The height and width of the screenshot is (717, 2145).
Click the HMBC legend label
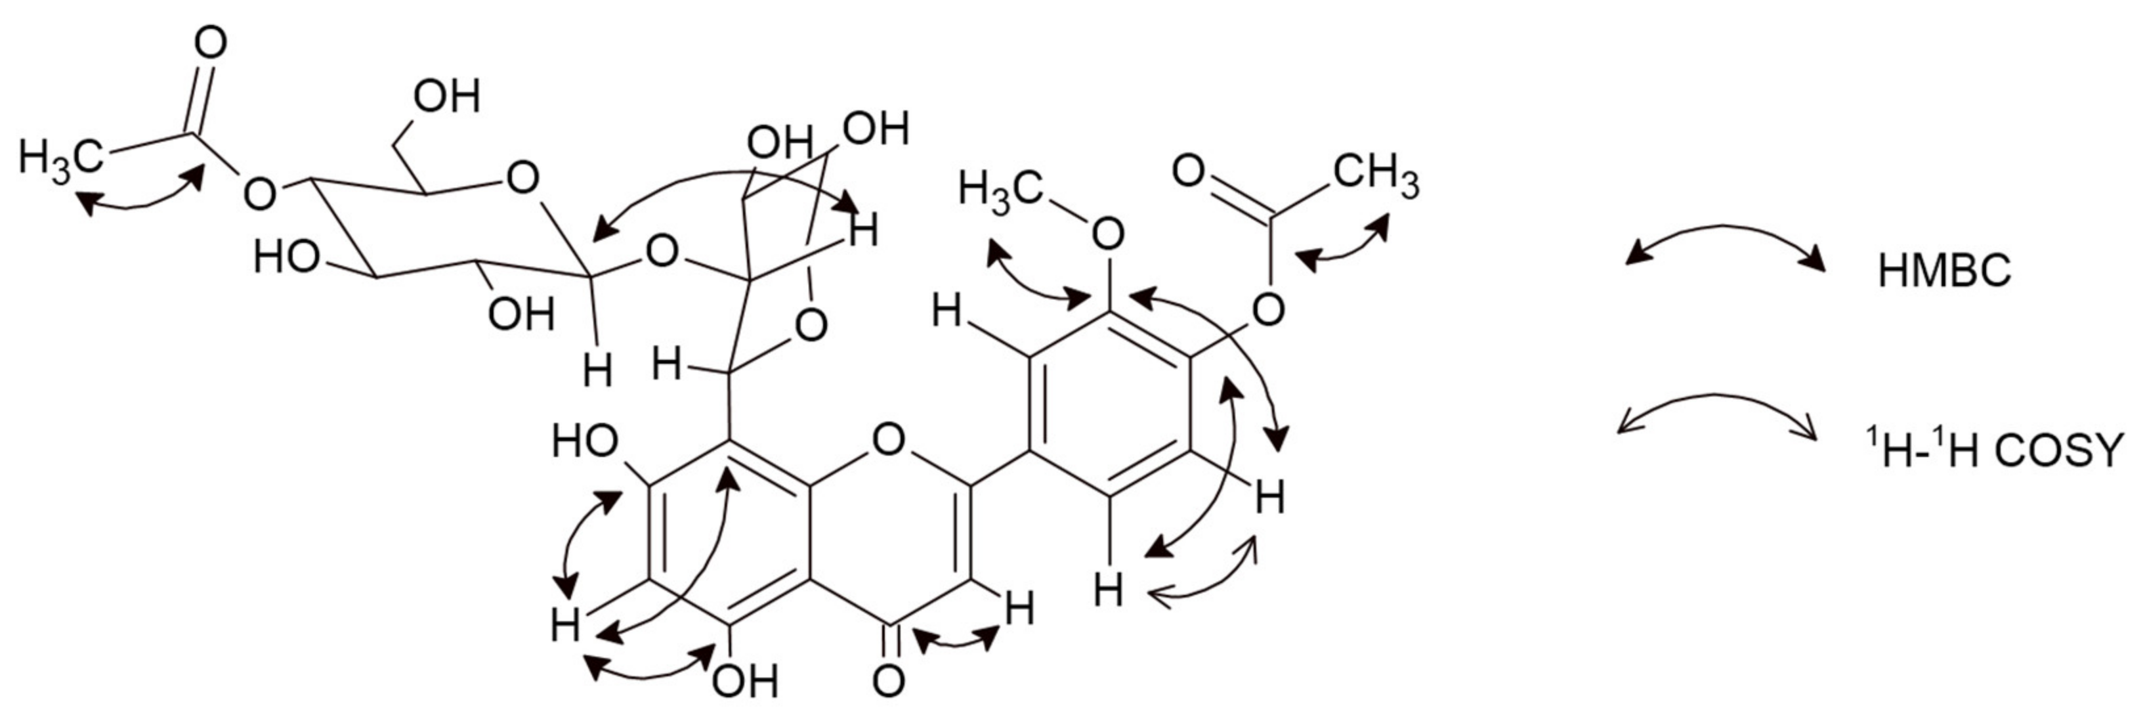click(1943, 271)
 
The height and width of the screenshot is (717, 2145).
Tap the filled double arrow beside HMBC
click(1724, 246)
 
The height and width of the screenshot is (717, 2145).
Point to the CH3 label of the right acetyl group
click(1376, 176)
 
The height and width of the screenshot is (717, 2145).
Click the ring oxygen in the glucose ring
click(522, 178)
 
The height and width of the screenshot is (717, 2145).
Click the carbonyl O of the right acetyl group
click(1189, 171)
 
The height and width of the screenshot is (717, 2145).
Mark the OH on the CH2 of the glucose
click(447, 97)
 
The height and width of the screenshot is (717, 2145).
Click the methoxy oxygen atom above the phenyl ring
click(1107, 234)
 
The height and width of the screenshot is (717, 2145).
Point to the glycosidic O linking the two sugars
click(661, 251)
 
